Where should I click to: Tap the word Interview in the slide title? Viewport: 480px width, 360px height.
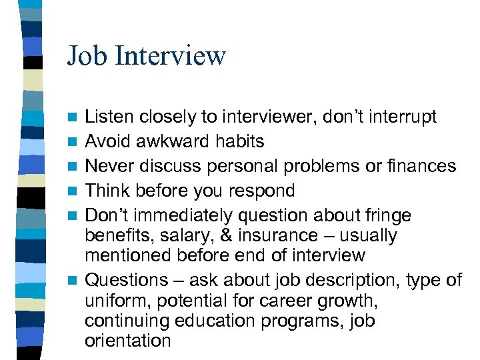point(171,56)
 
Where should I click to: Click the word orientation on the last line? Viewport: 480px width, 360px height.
point(128,341)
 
